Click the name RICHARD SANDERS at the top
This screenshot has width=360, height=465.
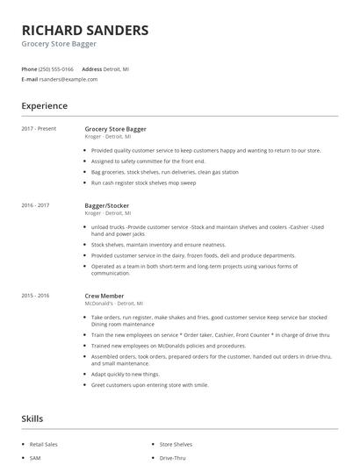[85, 29]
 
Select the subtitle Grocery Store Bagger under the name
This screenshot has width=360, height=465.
[59, 44]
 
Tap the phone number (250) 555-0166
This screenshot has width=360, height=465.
[57, 68]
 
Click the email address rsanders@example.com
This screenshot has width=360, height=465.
[68, 79]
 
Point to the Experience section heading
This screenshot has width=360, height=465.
[45, 106]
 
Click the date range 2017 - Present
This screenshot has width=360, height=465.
[38, 129]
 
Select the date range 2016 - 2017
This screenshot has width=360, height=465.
[36, 205]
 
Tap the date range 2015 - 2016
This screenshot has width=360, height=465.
[36, 296]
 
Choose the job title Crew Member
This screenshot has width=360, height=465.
[104, 296]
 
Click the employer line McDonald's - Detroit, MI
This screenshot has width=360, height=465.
[108, 303]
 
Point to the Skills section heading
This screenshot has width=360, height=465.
[32, 418]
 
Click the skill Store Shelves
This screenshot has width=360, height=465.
[176, 445]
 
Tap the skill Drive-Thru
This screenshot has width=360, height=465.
[172, 458]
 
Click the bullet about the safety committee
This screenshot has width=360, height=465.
[148, 161]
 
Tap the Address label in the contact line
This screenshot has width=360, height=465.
[91, 68]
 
